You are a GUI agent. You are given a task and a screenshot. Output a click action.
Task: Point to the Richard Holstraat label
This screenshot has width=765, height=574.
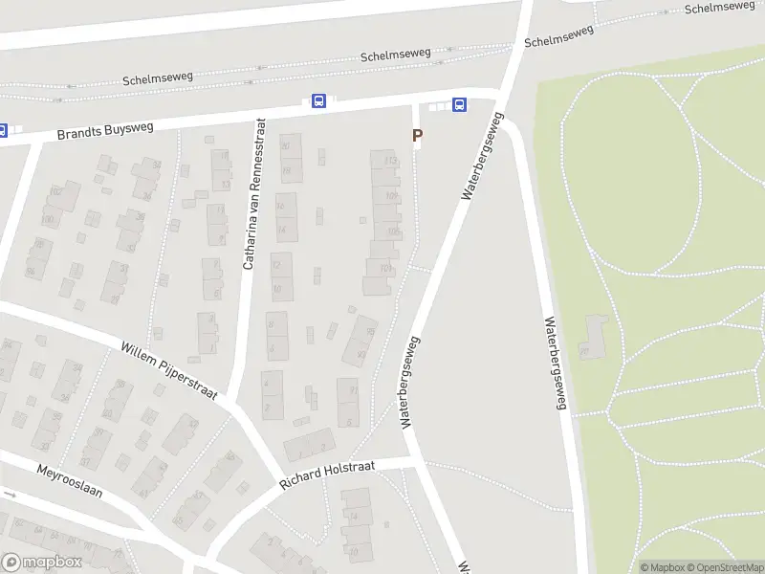(328, 475)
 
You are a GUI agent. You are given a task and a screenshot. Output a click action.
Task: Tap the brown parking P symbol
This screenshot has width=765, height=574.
(417, 137)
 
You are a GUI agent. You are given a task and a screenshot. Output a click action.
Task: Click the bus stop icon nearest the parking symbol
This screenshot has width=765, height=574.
(460, 104)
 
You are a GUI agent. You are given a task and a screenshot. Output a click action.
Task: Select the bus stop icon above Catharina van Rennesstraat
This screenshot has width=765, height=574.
(318, 101)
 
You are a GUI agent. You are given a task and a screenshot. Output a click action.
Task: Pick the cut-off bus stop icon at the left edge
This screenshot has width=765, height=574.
(3, 130)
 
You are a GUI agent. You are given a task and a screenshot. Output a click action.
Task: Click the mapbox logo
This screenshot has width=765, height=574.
(41, 563)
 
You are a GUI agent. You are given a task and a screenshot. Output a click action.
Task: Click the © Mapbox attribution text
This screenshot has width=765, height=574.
(661, 567)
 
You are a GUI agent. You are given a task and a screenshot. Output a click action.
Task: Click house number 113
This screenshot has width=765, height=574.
(390, 161)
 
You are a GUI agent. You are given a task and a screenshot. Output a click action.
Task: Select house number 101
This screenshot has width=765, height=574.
(385, 269)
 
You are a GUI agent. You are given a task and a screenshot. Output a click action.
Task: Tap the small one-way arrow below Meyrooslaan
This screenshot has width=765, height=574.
(10, 495)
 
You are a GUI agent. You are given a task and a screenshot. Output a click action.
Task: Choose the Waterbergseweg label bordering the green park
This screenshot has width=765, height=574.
(555, 364)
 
